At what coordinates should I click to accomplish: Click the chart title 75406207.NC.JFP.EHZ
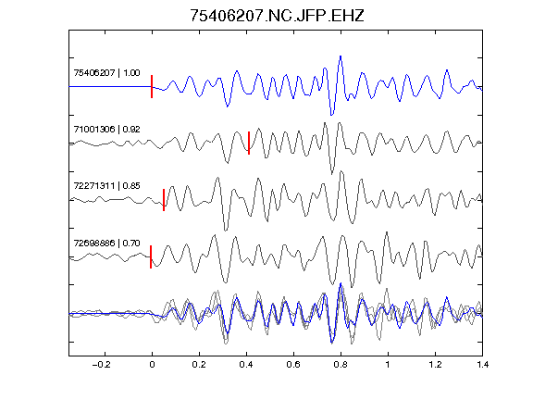(277, 16)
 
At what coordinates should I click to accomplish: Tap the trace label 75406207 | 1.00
(106, 73)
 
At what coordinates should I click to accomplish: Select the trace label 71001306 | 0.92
(106, 130)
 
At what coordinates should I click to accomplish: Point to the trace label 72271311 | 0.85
(106, 186)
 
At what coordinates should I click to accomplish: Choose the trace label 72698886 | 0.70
(106, 244)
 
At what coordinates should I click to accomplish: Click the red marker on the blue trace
(152, 87)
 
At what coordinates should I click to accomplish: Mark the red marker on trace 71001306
(249, 144)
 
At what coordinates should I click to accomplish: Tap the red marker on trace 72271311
(164, 200)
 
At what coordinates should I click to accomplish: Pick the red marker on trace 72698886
(151, 256)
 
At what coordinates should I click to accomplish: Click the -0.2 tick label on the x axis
(101, 365)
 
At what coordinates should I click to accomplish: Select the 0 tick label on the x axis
(152, 365)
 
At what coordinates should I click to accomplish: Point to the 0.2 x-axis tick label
(199, 365)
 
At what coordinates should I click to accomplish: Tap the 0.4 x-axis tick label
(246, 365)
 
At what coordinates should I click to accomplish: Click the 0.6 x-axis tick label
(293, 365)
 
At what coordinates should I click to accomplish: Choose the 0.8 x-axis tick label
(341, 365)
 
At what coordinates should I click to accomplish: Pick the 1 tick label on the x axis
(388, 365)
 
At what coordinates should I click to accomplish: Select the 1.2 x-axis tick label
(435, 365)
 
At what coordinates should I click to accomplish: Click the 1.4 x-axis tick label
(482, 365)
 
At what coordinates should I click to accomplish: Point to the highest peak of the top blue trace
(341, 56)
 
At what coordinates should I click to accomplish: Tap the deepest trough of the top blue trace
(332, 115)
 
